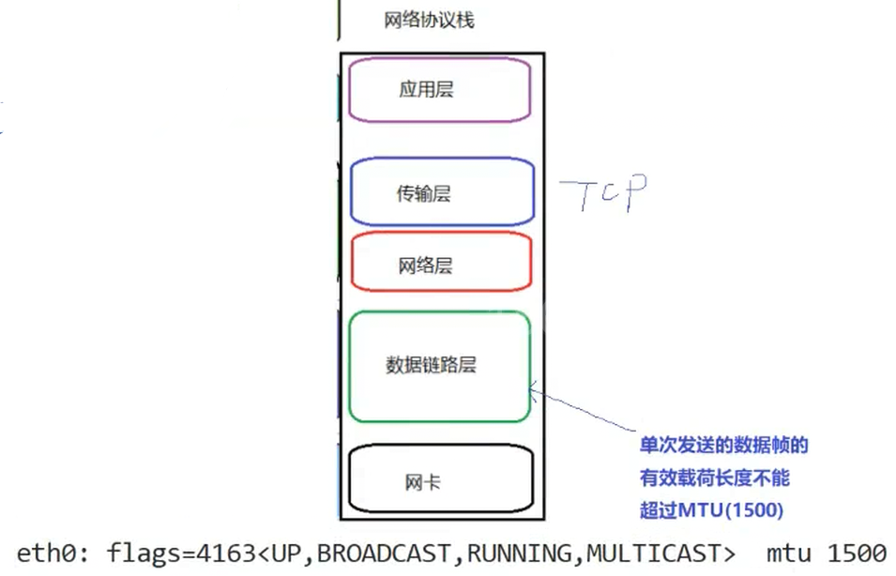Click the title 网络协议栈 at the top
pos(429,20)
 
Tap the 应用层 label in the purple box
pos(426,90)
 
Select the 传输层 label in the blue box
pos(424,194)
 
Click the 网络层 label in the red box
pos(425,266)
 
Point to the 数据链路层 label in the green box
pos(431,365)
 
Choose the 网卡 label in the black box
pos(423,483)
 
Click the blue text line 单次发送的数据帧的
pos(723,446)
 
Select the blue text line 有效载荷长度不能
pos(715,478)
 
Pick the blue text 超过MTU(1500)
pos(711,510)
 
